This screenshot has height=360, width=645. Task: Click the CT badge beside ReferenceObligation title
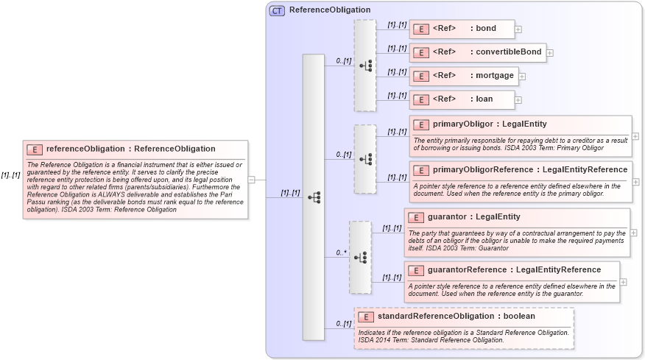(277, 10)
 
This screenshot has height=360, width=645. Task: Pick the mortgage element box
(463, 76)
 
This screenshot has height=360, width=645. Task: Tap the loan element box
(461, 99)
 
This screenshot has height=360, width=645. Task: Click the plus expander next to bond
(518, 29)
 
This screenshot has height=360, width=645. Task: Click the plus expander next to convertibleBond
(549, 53)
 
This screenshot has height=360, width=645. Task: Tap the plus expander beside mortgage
(522, 76)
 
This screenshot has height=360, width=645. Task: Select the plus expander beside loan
(518, 99)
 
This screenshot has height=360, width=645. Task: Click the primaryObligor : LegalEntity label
(490, 124)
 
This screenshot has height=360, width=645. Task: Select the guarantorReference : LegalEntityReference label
(514, 269)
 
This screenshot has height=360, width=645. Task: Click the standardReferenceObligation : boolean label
(456, 317)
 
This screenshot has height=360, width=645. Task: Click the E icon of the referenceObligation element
(35, 149)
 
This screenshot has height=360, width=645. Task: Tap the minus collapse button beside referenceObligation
(252, 179)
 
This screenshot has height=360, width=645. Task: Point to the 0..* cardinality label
(342, 253)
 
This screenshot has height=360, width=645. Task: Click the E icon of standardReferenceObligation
(366, 317)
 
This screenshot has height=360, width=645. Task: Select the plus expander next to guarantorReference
(624, 281)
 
